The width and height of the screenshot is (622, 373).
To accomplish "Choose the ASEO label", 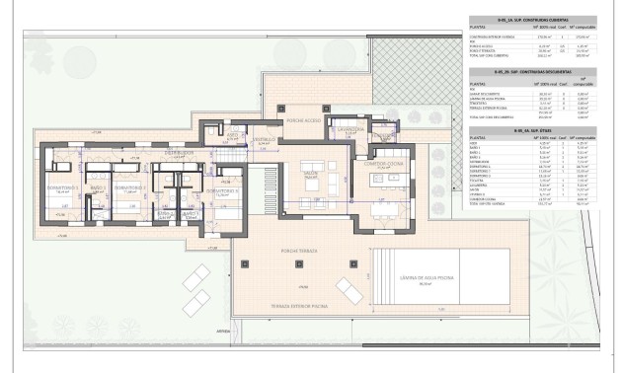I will [x=232, y=134].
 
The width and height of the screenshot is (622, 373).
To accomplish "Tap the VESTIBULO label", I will [x=262, y=140].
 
